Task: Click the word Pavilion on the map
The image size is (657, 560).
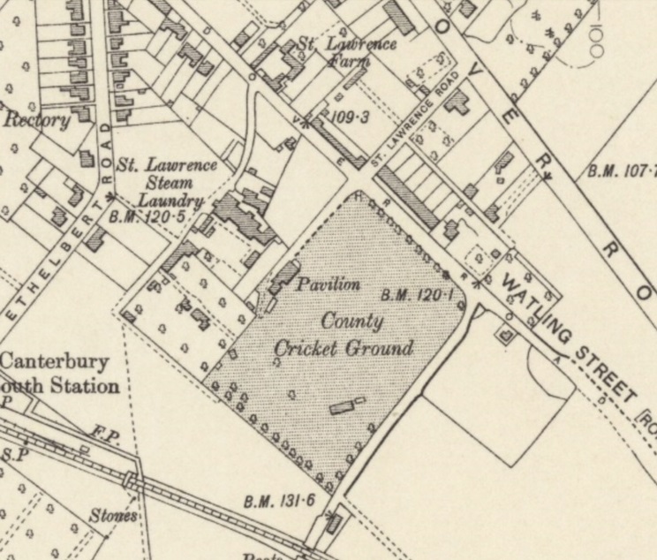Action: [328, 284]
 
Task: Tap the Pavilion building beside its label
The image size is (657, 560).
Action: [284, 276]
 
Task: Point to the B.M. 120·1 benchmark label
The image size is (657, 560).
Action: [417, 294]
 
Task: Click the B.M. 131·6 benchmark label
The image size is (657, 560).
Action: [280, 502]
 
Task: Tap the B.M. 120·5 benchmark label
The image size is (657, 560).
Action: [146, 216]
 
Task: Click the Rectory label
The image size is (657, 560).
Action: [37, 120]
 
